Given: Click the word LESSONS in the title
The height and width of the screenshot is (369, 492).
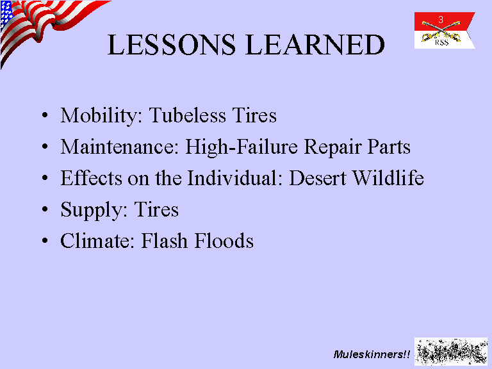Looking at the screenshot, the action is [x=171, y=45].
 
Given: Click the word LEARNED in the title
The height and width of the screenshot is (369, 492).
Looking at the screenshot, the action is [x=315, y=45].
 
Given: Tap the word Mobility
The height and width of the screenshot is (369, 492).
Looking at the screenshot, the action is [x=102, y=116].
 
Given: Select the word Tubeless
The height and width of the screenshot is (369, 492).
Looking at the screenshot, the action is [x=187, y=115].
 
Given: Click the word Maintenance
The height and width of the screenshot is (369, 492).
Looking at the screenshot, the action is [x=120, y=147].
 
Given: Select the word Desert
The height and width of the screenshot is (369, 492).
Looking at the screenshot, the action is [x=318, y=178].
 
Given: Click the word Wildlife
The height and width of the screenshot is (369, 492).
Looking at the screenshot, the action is [x=388, y=178].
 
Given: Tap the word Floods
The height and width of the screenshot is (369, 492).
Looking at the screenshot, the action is [x=224, y=241].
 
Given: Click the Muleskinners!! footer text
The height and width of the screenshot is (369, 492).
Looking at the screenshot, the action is [x=372, y=354].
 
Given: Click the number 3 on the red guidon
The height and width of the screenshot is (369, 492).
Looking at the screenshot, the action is [x=441, y=20].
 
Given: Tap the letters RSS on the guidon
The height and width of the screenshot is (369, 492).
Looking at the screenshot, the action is [x=441, y=42].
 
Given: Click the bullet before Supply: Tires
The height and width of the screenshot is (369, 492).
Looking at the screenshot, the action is [x=45, y=209].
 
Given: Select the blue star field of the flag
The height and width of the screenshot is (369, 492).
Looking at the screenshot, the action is [x=6, y=14].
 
